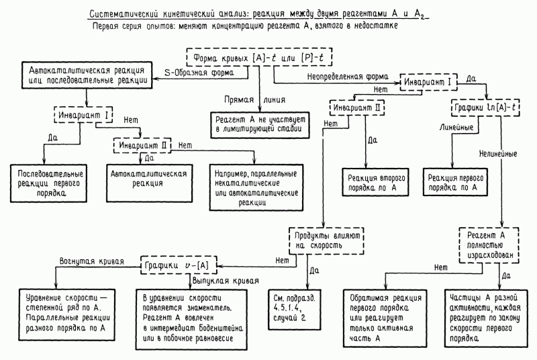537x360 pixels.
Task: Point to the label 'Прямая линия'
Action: tap(240, 98)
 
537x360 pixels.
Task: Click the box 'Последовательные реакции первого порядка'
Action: tap(46, 181)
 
